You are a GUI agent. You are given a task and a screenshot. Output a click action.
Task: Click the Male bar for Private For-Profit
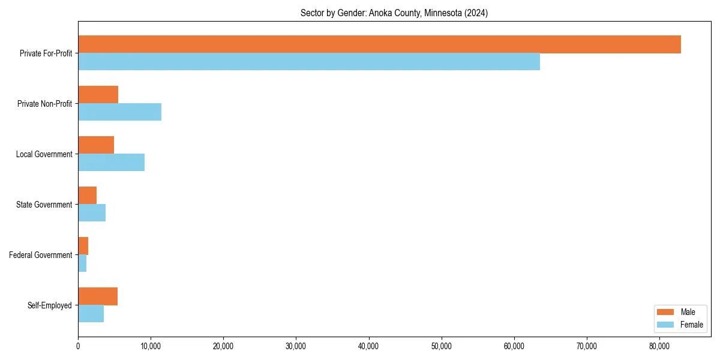(x=379, y=44)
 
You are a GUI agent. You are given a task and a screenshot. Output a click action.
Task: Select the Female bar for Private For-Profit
(x=309, y=62)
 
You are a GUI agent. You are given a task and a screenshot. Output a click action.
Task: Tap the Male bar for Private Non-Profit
(x=98, y=95)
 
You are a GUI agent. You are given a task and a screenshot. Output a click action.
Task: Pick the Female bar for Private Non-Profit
(x=119, y=112)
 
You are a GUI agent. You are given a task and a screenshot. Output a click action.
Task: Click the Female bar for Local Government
(x=111, y=163)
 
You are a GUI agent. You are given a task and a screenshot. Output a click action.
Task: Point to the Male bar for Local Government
(x=96, y=145)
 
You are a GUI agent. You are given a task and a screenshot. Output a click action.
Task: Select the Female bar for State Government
(x=92, y=213)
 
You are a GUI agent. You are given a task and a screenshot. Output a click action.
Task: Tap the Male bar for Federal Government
(x=83, y=246)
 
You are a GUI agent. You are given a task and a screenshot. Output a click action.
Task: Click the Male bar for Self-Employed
(x=98, y=296)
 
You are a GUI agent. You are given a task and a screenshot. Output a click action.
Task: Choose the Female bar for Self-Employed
(x=91, y=314)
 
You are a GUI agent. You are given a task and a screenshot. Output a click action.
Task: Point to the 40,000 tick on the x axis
(x=368, y=346)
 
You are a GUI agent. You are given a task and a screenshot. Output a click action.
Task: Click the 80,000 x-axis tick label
(x=659, y=346)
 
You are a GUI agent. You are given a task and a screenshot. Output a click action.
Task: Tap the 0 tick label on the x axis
(x=78, y=346)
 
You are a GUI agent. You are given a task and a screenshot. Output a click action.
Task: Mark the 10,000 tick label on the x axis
(x=151, y=346)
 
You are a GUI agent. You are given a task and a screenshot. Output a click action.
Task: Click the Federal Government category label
(x=40, y=255)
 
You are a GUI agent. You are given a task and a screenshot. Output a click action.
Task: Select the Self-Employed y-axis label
(x=49, y=305)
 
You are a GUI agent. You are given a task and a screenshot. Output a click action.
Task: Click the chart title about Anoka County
(x=394, y=13)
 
